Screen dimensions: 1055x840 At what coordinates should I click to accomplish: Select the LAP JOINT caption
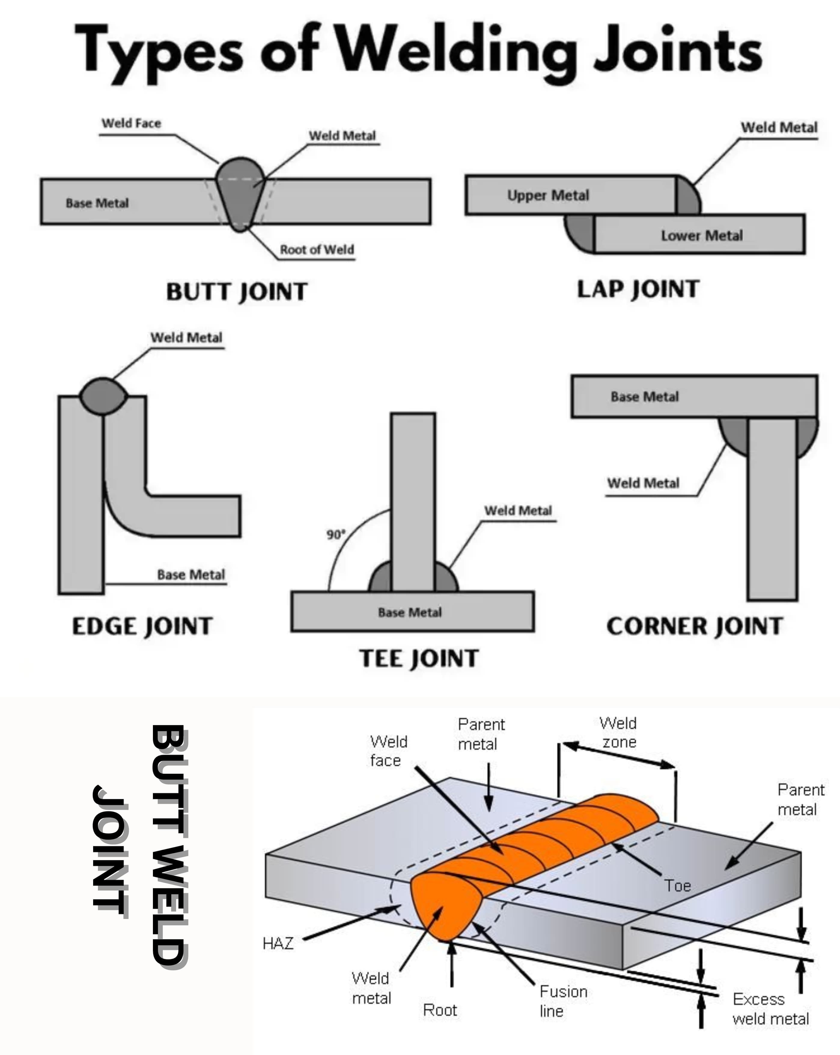point(638,289)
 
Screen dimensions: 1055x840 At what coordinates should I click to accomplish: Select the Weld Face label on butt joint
point(131,123)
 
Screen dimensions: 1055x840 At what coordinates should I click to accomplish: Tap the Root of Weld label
point(317,249)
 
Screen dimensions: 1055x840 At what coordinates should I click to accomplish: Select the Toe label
point(677,886)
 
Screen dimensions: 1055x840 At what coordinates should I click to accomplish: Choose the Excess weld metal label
point(770,1009)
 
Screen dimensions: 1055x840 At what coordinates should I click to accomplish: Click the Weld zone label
point(618,733)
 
